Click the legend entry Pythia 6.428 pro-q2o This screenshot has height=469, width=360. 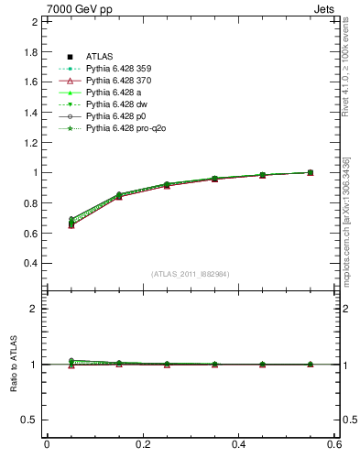click(126, 128)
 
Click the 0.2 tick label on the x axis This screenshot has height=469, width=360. click(142, 444)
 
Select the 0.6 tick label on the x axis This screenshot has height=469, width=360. click(334, 444)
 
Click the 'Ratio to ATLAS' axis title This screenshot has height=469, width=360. click(13, 364)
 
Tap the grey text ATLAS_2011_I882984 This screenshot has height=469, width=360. click(191, 274)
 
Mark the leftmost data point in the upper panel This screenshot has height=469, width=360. click(47, 223)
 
